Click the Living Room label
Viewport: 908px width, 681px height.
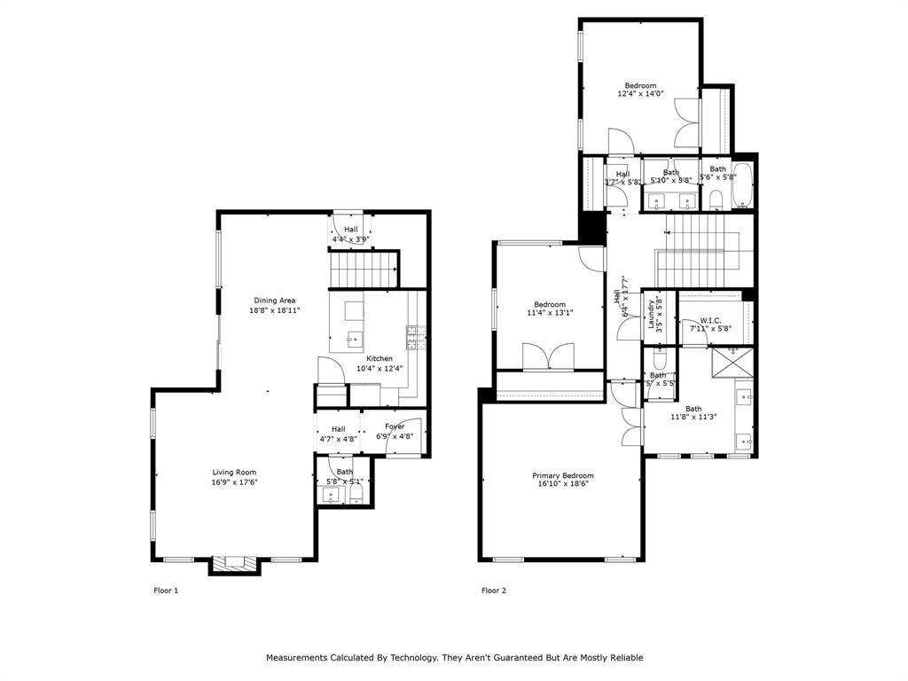coord(234,473)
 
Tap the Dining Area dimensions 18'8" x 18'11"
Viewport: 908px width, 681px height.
coord(274,310)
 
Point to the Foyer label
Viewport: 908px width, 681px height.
coord(395,427)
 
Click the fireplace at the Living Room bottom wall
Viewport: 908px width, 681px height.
coord(235,562)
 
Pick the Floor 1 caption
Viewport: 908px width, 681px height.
coord(166,591)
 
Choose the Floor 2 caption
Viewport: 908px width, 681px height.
coord(494,591)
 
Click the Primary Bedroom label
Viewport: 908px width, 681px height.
coord(563,475)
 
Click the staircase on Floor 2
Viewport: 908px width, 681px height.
coord(700,246)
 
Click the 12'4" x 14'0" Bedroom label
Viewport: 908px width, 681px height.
coord(640,86)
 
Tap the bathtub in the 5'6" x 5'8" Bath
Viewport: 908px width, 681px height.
coord(743,184)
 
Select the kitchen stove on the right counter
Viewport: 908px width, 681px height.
coord(413,334)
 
